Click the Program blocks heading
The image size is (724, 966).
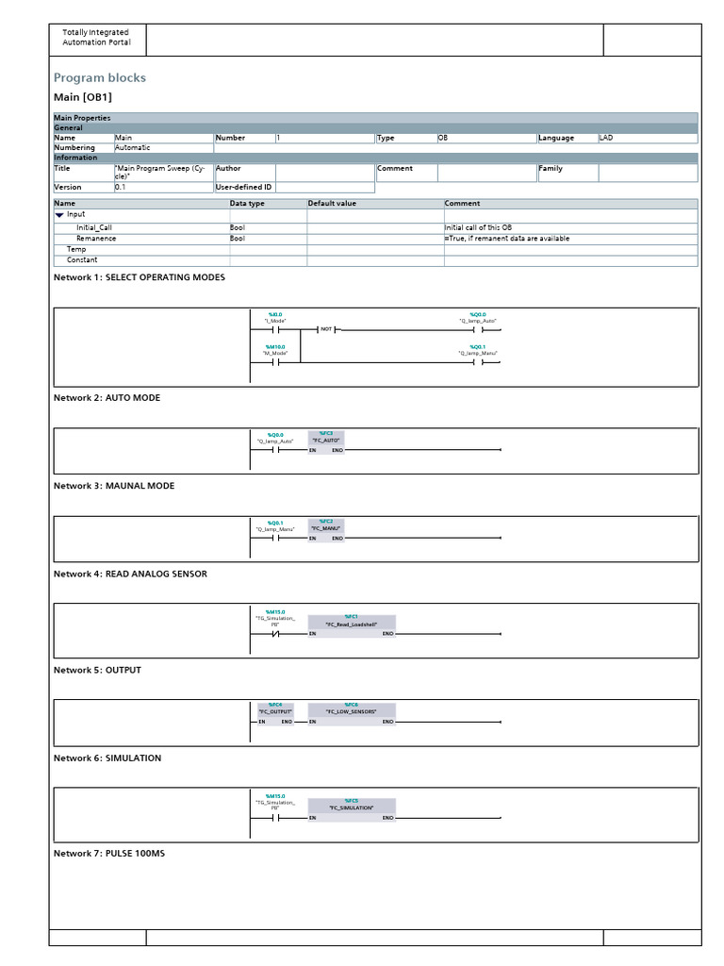point(99,78)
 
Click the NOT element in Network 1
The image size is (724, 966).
point(326,329)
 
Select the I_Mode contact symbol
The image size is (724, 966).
point(274,330)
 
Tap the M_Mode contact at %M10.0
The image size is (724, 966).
point(274,361)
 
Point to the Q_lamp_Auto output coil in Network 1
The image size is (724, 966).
point(477,330)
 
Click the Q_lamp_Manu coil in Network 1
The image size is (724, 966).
point(477,361)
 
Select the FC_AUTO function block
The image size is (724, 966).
point(326,441)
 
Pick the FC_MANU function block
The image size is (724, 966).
point(326,529)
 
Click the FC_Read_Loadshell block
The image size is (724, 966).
point(352,625)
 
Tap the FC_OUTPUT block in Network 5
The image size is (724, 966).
point(275,713)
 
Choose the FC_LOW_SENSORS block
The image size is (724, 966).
point(352,713)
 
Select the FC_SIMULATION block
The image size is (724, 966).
point(352,809)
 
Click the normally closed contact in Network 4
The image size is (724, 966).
point(274,634)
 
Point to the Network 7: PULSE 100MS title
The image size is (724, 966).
point(109,854)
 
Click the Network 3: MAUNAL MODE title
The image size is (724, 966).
point(114,486)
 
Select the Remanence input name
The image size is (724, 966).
point(97,239)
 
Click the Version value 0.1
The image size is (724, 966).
point(121,187)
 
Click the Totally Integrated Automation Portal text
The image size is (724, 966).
point(96,38)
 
